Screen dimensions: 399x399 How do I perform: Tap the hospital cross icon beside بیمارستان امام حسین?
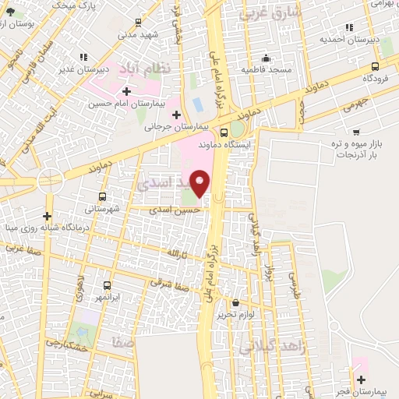click(126, 91)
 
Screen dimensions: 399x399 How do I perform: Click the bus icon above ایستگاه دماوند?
click(224, 132)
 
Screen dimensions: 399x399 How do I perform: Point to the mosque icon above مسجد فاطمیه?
click(267, 58)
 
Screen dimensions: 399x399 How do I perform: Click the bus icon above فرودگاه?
click(376, 66)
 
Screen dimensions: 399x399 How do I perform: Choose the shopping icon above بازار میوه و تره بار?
click(357, 132)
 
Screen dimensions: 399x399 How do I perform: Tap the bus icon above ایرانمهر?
click(107, 285)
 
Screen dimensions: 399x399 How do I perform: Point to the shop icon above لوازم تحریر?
click(236, 302)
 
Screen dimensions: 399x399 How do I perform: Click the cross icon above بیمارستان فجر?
click(360, 380)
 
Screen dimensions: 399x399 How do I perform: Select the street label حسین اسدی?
click(177, 210)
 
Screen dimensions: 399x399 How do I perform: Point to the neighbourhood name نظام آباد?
click(161, 72)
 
